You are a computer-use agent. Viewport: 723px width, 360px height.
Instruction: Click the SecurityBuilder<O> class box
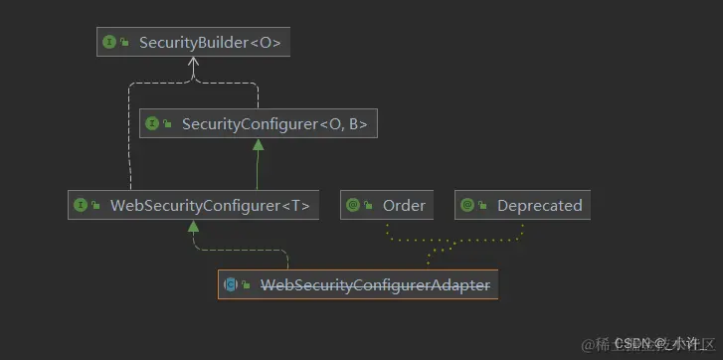coord(196,42)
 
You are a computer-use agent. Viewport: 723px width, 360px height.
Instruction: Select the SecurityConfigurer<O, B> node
coord(258,123)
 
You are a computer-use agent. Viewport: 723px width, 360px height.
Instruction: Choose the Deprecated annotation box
coord(522,206)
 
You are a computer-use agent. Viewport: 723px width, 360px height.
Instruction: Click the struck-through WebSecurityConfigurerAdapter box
coord(358,285)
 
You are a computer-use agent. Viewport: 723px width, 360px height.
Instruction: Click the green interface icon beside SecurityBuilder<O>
coord(109,42)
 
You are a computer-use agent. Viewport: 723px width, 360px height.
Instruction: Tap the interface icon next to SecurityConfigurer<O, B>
coord(152,123)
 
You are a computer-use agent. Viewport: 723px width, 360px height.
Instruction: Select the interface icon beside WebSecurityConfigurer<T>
coord(81,206)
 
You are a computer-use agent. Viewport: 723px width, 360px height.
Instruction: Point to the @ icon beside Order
coord(352,206)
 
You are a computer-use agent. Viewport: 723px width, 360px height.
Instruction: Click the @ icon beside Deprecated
coord(467,206)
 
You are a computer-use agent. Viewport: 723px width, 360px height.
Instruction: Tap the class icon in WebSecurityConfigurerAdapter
coord(231,285)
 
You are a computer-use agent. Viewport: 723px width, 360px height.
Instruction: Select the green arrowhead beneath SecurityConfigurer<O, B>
coord(258,145)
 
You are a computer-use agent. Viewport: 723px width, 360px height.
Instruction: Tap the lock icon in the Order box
coord(368,207)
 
